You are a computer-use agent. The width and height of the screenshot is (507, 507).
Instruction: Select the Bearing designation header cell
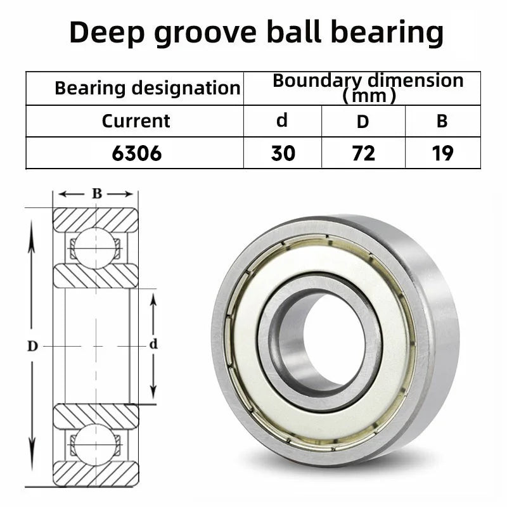[x=147, y=88]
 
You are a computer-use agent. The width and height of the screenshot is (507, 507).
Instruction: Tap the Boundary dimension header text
[x=368, y=80]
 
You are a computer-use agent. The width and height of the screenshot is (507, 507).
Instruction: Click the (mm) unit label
[x=369, y=96]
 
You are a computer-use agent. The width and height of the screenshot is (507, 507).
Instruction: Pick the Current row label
[x=136, y=121]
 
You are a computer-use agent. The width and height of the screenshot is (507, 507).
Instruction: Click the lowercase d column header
[x=282, y=120]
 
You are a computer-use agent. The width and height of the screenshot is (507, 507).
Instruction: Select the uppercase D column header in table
[x=363, y=122]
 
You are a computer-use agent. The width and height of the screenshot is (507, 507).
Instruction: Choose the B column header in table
[x=442, y=122]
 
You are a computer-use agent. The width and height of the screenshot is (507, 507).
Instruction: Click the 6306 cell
[x=135, y=153]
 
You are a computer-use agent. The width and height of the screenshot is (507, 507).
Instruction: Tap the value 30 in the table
[x=283, y=153]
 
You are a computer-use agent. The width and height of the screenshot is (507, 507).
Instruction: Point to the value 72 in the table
[x=363, y=153]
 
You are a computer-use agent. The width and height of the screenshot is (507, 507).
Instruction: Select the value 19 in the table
[x=442, y=153]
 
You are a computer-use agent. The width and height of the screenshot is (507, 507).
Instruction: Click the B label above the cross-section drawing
[x=96, y=194]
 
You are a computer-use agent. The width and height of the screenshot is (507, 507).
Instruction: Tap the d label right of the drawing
[x=152, y=345]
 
